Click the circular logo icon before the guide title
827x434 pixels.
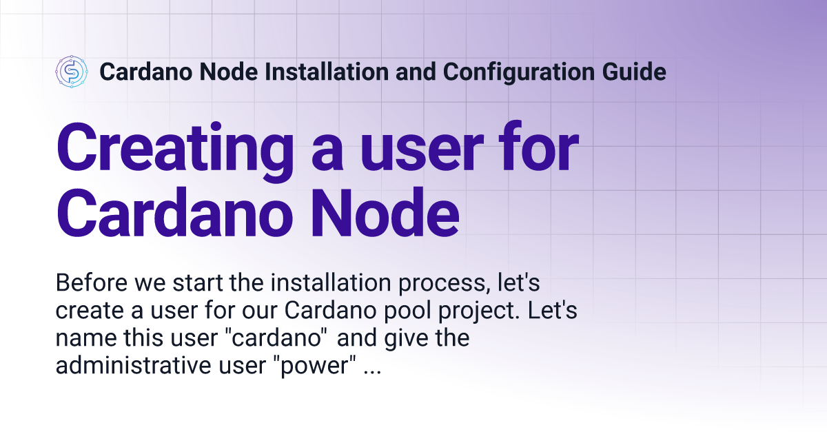(x=72, y=72)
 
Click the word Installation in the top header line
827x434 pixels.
(x=327, y=72)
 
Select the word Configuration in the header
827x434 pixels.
(x=519, y=72)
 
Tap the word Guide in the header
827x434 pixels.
(x=634, y=72)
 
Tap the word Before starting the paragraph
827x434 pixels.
(x=92, y=282)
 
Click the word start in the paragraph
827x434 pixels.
(x=198, y=283)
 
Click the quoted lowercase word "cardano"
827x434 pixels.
(x=276, y=338)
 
